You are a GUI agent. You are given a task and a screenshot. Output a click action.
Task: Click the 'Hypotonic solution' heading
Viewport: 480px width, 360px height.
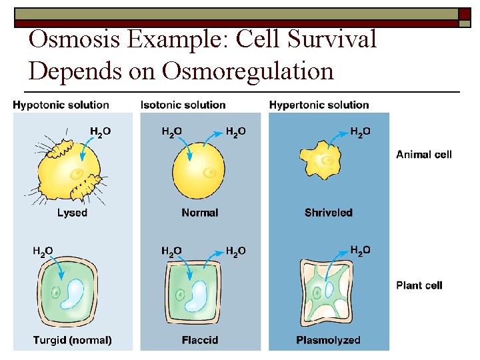pyautogui.click(x=61, y=105)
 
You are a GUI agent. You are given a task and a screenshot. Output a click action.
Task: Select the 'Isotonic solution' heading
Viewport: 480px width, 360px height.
pyautogui.click(x=183, y=105)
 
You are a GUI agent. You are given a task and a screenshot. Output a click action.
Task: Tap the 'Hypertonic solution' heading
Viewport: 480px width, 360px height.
pyautogui.click(x=319, y=105)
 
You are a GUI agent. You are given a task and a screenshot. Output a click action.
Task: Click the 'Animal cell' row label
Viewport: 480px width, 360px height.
pyautogui.click(x=424, y=155)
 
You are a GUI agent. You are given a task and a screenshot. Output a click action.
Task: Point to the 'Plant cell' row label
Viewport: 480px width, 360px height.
pyautogui.click(x=419, y=285)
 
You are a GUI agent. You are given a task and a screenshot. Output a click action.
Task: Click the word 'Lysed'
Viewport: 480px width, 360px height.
pyautogui.click(x=72, y=213)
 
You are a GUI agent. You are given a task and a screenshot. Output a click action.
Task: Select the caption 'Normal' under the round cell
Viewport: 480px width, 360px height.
pyautogui.click(x=199, y=213)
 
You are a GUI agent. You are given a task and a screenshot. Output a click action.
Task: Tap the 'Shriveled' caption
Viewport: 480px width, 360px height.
pyautogui.click(x=329, y=213)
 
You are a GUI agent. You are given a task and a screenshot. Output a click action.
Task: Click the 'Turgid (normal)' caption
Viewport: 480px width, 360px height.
pyautogui.click(x=73, y=340)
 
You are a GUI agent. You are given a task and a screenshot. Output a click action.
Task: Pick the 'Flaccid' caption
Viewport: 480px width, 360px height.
pyautogui.click(x=199, y=340)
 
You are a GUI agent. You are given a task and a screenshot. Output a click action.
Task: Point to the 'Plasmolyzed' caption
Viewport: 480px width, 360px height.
pyautogui.click(x=329, y=340)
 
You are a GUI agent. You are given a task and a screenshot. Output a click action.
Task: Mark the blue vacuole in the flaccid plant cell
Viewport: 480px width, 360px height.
pyautogui.click(x=200, y=295)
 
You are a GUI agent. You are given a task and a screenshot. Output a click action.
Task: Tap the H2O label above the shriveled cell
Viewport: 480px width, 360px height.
pyautogui.click(x=360, y=132)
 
